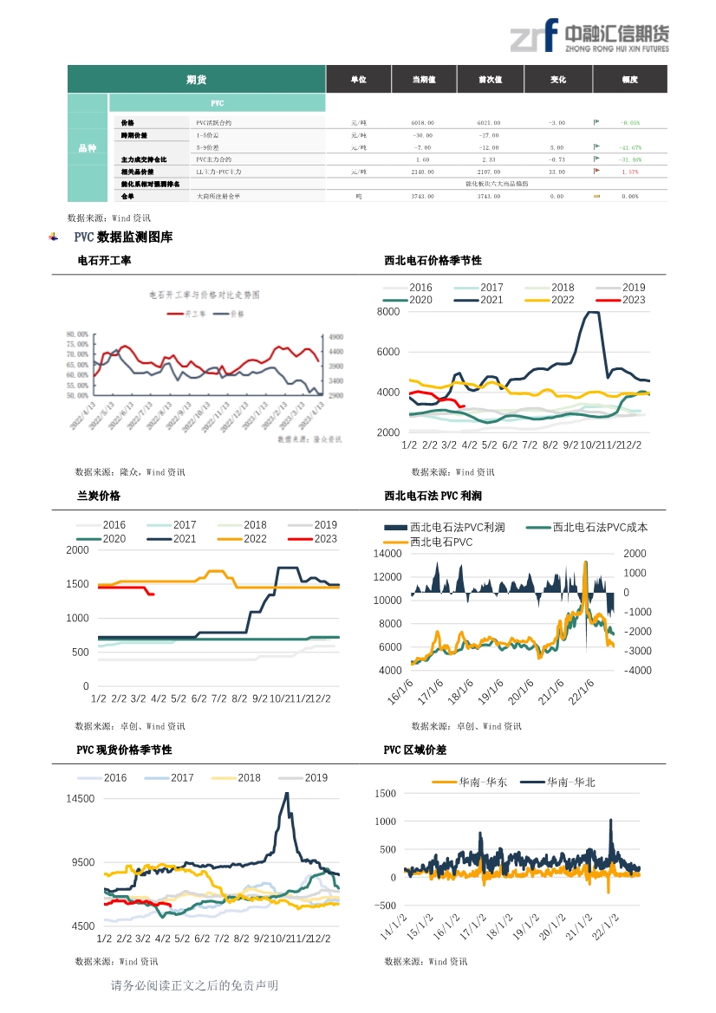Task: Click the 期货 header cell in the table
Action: point(196,80)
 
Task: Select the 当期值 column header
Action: point(424,80)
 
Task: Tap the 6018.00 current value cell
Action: point(422,123)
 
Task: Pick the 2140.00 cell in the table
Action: point(422,172)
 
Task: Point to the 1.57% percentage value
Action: point(630,172)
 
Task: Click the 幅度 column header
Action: point(629,80)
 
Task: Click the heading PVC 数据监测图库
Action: point(123,237)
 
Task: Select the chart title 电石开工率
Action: point(104,260)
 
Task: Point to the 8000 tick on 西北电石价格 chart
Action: point(388,312)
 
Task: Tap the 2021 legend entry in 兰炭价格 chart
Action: point(184,539)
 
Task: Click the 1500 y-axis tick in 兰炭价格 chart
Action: point(77,584)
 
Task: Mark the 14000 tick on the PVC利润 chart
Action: point(387,554)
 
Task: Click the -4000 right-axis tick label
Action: point(635,671)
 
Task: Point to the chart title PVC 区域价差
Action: point(415,750)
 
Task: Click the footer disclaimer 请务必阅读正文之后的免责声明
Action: point(194,986)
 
